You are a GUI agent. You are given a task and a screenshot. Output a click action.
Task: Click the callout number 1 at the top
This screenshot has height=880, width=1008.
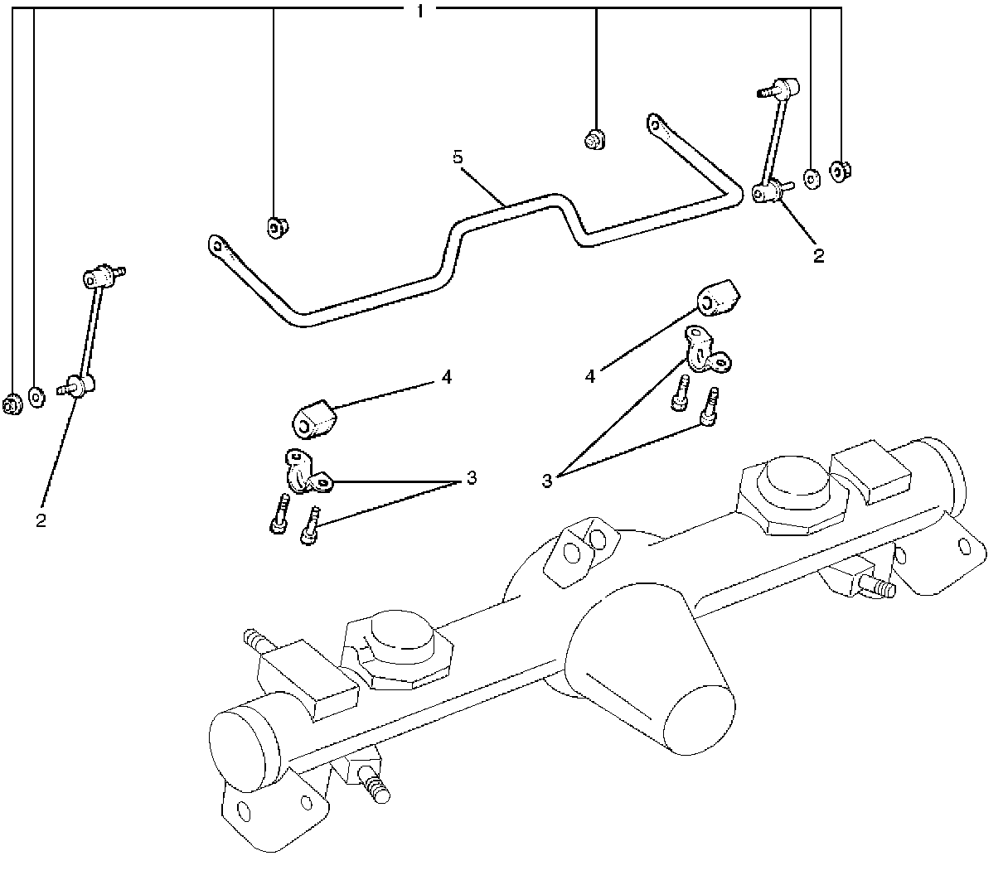click(421, 11)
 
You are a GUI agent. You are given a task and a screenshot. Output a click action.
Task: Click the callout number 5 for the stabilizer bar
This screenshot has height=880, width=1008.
click(458, 157)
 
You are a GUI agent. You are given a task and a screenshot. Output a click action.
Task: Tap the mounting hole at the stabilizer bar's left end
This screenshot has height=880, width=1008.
click(216, 244)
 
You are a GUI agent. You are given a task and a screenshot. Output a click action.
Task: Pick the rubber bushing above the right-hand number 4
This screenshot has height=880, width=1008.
click(719, 299)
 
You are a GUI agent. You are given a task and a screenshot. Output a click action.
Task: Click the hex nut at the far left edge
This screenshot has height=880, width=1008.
click(12, 405)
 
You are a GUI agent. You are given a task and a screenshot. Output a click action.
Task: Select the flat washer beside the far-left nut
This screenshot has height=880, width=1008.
click(36, 396)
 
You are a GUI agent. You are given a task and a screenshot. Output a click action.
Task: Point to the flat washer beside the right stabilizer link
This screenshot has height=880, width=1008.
click(812, 177)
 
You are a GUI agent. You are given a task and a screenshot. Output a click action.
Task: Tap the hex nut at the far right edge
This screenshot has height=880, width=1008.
click(841, 171)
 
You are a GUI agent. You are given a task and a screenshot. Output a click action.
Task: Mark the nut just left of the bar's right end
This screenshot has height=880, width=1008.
click(594, 139)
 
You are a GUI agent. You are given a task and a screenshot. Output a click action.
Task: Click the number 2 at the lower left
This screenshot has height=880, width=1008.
click(41, 520)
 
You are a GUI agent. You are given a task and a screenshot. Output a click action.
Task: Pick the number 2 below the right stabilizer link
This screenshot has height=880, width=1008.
click(819, 255)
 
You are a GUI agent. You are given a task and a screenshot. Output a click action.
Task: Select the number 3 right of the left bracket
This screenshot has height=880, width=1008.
click(471, 478)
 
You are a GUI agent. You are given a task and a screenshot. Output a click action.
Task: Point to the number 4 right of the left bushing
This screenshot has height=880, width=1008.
click(447, 378)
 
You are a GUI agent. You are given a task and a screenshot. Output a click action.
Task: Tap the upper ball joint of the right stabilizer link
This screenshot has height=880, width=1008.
click(786, 86)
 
